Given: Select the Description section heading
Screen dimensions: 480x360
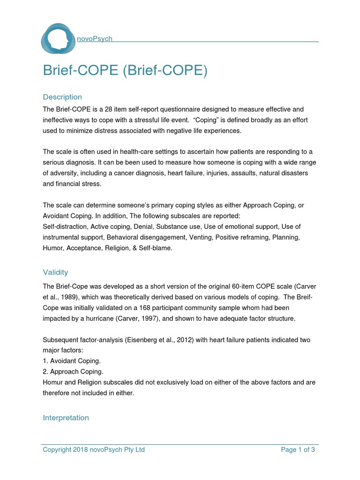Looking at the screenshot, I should pos(62,97).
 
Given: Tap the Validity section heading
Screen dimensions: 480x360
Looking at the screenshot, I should pos(55,272).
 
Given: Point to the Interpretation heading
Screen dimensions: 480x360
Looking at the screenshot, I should pos(66,418).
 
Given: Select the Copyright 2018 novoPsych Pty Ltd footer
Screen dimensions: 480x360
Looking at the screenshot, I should pos(94,450).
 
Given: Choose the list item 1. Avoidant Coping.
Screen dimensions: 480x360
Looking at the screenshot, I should pos(71,361).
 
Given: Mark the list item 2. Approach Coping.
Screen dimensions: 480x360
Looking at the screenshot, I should pos(72,372).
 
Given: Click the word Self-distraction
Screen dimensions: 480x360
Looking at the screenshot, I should pos(61,227).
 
